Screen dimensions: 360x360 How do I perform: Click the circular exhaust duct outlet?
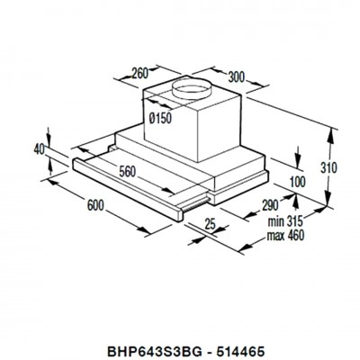tap(192, 89)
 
